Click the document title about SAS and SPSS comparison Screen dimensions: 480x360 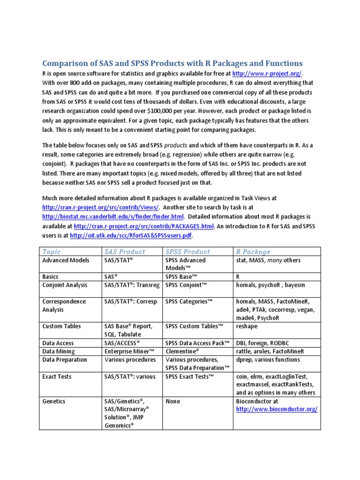point(172,63)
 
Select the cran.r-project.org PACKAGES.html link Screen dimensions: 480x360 point(144,226)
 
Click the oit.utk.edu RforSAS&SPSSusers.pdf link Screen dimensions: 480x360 point(131,235)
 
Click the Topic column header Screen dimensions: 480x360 point(52,252)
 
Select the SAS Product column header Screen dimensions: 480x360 point(125,252)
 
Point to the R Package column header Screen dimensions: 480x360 point(253,252)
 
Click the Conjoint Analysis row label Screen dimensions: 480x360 point(65,285)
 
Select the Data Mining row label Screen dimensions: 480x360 point(59,351)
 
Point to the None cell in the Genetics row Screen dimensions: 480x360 point(173,401)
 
